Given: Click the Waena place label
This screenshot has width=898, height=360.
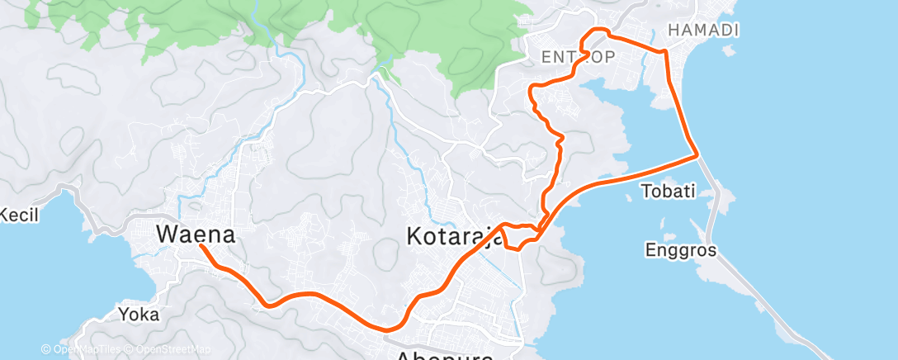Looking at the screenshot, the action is pos(196,234).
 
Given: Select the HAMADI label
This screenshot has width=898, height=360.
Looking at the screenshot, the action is pos(703,31).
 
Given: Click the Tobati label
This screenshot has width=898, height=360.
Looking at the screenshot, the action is pos(669,192).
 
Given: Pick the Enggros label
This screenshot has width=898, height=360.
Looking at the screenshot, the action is pos(681,249).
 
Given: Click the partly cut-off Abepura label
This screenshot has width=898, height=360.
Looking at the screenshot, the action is pos(445,355).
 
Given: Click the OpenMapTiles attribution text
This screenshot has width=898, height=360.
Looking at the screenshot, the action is pos(83,349).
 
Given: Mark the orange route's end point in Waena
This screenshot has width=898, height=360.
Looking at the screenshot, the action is pos(201,245).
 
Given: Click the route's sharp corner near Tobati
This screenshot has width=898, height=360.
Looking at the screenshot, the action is pos(698,154).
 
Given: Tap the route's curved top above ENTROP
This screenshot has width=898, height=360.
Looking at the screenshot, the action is pos(596,31).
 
